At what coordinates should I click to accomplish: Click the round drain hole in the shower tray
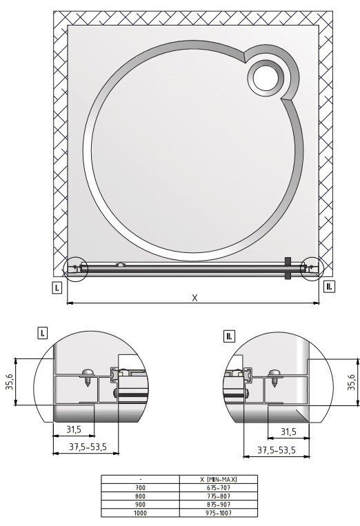(x=266, y=79)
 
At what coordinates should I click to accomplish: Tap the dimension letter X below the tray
(x=194, y=298)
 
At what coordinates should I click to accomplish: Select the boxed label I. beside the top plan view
(x=57, y=287)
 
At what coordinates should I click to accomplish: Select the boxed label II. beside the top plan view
(x=330, y=286)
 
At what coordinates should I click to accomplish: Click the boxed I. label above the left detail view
(x=42, y=334)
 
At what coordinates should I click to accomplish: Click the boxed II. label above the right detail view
(x=230, y=336)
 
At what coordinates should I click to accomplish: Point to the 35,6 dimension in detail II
(x=351, y=382)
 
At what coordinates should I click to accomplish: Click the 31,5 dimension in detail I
(x=74, y=429)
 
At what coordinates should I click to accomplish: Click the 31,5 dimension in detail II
(x=288, y=432)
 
